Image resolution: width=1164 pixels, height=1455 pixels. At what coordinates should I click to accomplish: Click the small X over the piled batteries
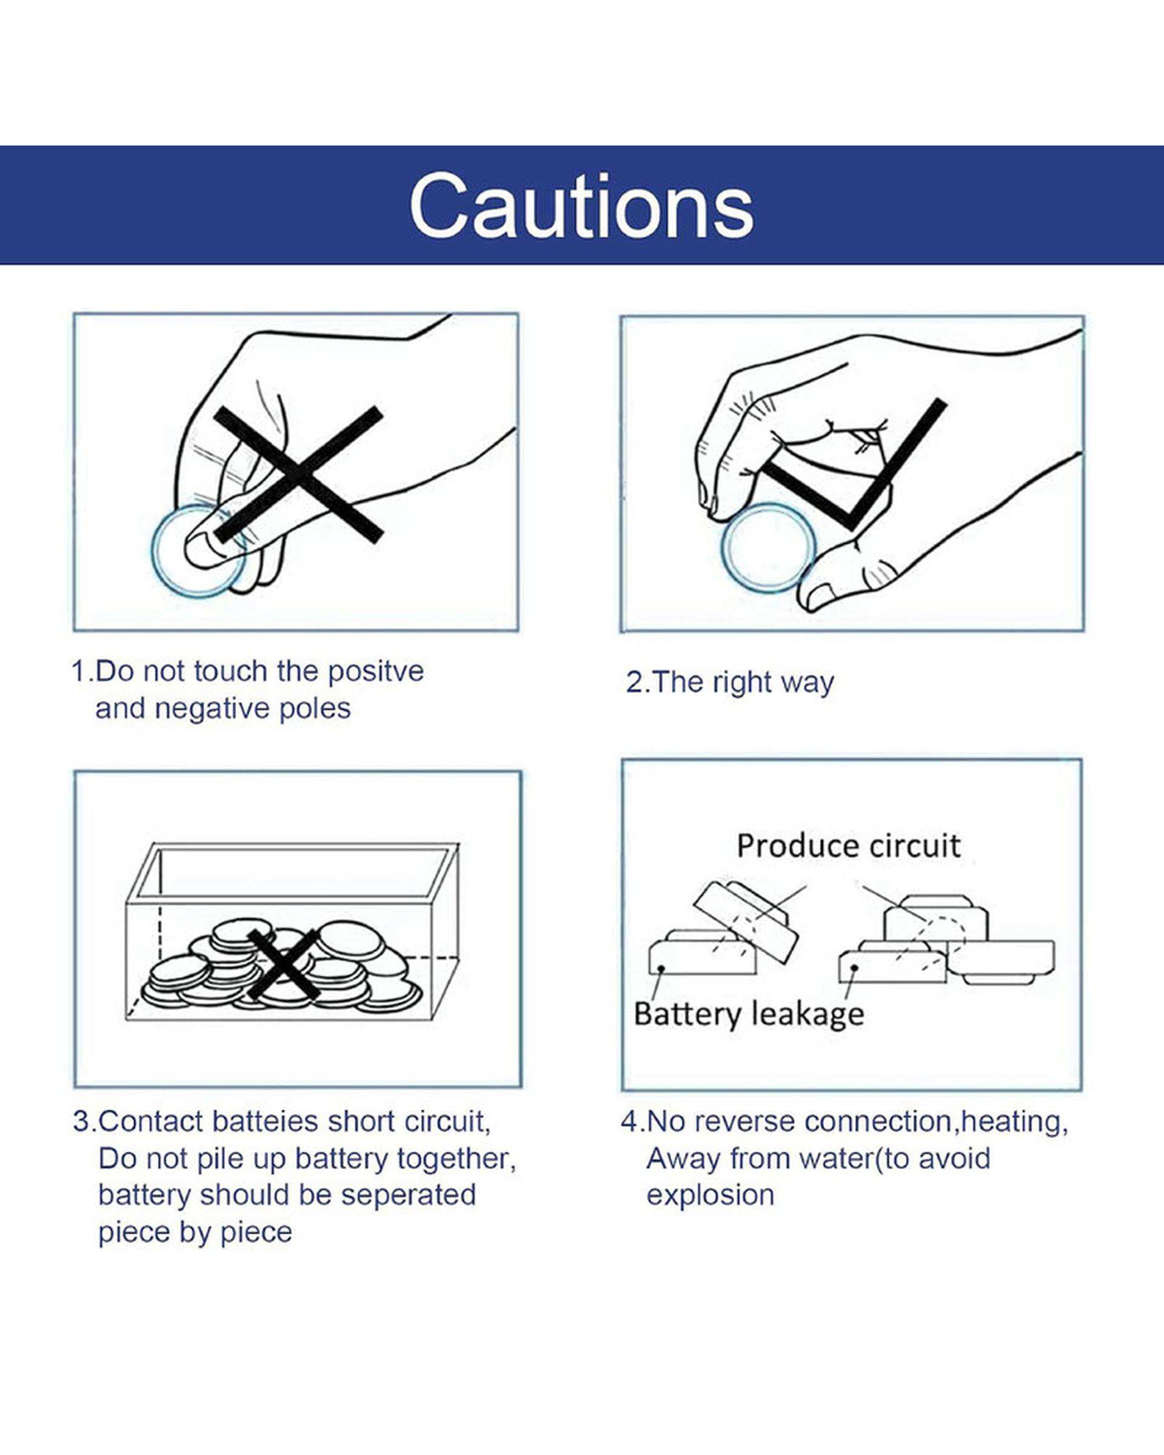(x=283, y=965)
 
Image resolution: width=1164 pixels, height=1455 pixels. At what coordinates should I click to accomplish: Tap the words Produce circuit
(x=848, y=846)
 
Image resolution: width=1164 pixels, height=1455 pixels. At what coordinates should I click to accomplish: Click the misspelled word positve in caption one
(x=376, y=672)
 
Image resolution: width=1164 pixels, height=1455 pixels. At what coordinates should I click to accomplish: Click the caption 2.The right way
(x=730, y=682)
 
